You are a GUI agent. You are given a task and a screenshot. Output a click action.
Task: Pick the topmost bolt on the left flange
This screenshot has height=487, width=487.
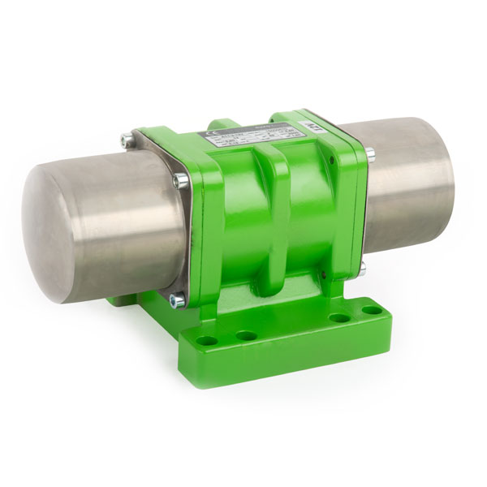point(123,140)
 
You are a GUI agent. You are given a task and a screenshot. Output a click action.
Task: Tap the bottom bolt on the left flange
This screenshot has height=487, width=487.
point(174,301)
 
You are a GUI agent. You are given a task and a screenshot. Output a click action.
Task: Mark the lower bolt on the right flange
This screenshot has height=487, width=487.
point(364,266)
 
